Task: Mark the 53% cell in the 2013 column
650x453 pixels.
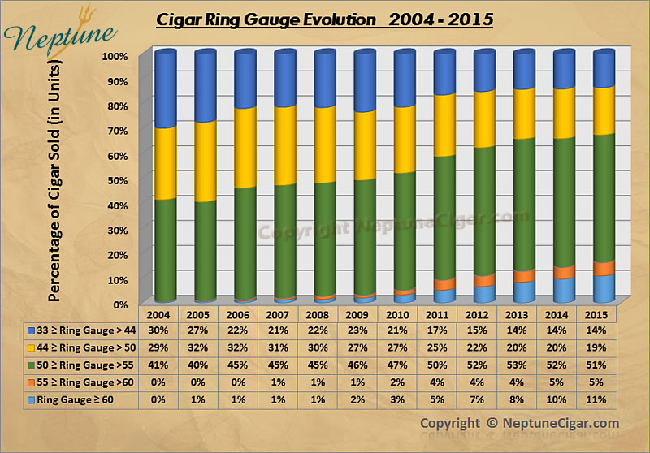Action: pyautogui.click(x=523, y=365)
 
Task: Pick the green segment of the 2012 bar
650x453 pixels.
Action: pyautogui.click(x=483, y=211)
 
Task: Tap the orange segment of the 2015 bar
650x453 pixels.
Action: pyautogui.click(x=603, y=269)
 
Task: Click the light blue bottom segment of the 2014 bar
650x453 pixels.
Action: pyautogui.click(x=563, y=291)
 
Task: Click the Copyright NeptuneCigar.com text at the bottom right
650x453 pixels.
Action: pyautogui.click(x=519, y=423)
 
